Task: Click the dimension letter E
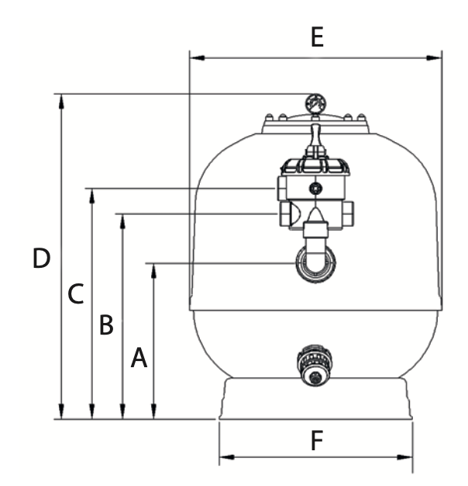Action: [x=317, y=37]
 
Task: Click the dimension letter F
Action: [x=317, y=440]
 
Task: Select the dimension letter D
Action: [x=41, y=258]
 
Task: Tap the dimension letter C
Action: [x=76, y=293]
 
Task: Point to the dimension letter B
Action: [x=106, y=325]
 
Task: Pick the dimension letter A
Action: [x=139, y=358]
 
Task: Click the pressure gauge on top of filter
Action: [x=315, y=104]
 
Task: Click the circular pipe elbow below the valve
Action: [x=315, y=264]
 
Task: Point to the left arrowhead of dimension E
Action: [x=197, y=58]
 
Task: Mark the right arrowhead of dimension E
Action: [x=434, y=58]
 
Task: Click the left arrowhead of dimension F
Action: [x=227, y=457]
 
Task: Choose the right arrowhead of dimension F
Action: [x=405, y=457]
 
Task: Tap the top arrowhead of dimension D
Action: [x=61, y=102]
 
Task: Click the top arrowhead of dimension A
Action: [x=153, y=271]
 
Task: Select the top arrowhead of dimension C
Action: [x=91, y=196]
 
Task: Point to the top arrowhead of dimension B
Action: [x=122, y=221]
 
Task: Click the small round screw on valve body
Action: [x=315, y=188]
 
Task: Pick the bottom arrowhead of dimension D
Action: [x=61, y=411]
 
